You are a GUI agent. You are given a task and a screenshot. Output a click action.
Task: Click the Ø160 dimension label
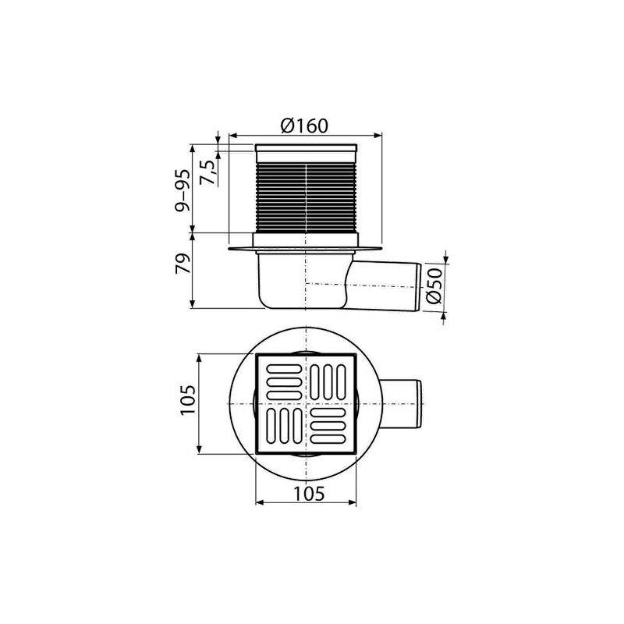click(304, 123)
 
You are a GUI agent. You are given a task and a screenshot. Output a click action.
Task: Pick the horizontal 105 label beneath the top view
click(305, 491)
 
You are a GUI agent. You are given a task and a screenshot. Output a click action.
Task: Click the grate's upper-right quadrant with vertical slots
click(331, 381)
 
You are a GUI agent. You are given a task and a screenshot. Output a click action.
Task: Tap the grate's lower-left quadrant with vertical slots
click(282, 427)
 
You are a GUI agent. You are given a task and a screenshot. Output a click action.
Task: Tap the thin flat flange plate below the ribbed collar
click(307, 250)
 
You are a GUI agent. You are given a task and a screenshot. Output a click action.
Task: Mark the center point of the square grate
click(307, 404)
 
